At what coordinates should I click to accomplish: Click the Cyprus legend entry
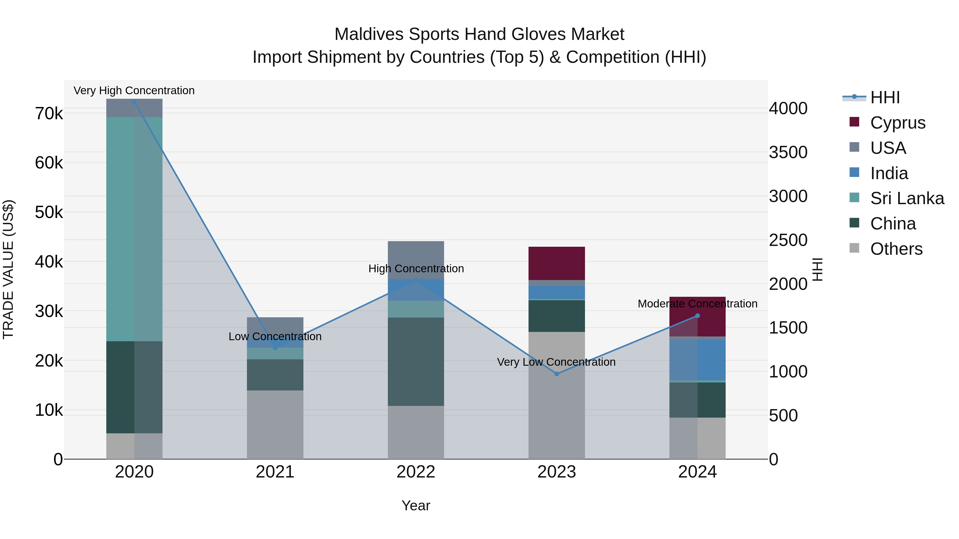coord(897,123)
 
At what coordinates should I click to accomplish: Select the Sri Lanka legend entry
coord(907,198)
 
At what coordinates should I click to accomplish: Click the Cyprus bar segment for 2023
coord(556,263)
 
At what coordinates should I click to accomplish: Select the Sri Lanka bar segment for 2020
coord(135,229)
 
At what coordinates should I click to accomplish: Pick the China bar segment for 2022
coord(416,361)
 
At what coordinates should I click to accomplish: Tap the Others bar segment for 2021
coord(275,425)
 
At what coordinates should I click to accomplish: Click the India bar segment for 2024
coord(697,360)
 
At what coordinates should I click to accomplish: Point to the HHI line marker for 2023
coord(556,374)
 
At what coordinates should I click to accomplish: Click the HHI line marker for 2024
coord(697,316)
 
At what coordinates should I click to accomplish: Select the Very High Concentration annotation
coord(134,91)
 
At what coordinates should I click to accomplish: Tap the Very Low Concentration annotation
coord(556,362)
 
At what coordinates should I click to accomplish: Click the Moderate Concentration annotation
coord(697,304)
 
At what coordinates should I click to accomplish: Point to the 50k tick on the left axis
coord(49,212)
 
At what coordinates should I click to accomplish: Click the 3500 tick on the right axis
coord(788,153)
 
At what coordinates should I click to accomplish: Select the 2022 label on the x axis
coord(416,472)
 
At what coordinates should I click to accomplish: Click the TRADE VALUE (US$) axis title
coord(8,269)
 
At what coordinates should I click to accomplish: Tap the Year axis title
coord(416,505)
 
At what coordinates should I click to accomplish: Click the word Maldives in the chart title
coord(369,35)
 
